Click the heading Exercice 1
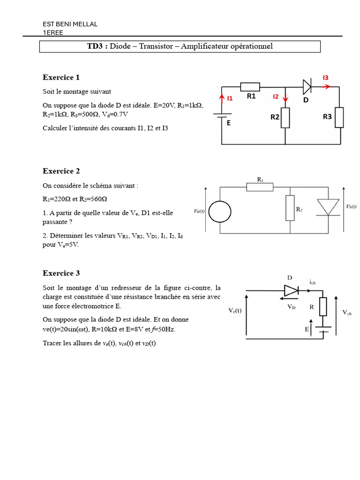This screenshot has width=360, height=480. click(x=61, y=77)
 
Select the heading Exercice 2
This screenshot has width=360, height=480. click(x=61, y=171)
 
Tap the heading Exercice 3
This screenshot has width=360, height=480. click(x=61, y=273)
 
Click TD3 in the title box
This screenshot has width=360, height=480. click(x=95, y=46)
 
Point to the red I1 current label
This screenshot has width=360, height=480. click(x=230, y=98)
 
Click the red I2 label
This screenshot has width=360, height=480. click(x=276, y=97)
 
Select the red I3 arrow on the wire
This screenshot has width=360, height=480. click(x=326, y=87)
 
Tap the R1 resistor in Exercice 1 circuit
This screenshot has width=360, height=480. click(x=250, y=87)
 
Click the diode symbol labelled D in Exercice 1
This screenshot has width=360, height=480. click(x=307, y=87)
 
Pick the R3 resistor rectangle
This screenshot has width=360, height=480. click(x=339, y=117)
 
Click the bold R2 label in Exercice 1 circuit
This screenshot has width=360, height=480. click(x=275, y=117)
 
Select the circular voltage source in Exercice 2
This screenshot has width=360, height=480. click(x=220, y=211)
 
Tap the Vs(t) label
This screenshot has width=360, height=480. click(x=351, y=207)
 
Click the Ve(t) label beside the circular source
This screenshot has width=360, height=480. click(x=199, y=211)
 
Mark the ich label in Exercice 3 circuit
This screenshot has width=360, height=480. click(x=312, y=282)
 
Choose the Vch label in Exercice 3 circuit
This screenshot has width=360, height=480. click(x=347, y=313)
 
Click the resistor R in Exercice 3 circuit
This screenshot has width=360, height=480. click(x=323, y=307)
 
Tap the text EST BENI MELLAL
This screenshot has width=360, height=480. click(x=70, y=24)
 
